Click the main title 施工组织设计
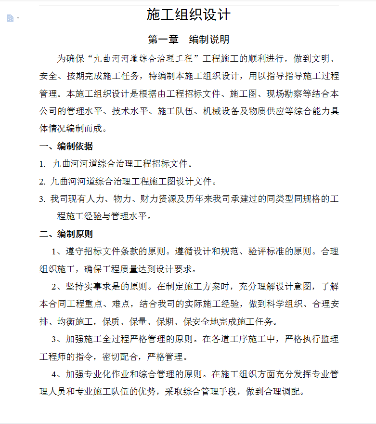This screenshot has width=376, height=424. coord(189,15)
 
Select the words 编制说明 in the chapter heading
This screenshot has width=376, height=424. coord(209,40)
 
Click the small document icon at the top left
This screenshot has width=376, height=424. coord(10,18)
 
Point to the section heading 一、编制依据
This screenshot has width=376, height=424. coord(66,146)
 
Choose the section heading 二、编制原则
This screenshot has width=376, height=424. coord(66,234)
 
